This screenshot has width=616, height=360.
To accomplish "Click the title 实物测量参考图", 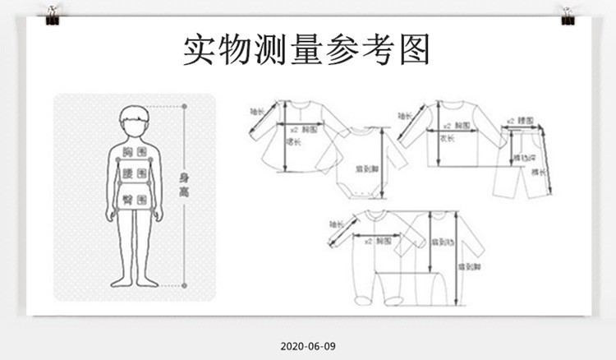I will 306,49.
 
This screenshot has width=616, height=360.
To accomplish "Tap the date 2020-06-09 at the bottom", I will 307,346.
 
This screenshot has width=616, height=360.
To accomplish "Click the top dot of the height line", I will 184,106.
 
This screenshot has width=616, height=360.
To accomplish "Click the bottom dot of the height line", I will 184,285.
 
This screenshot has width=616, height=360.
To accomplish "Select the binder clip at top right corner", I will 567,15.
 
